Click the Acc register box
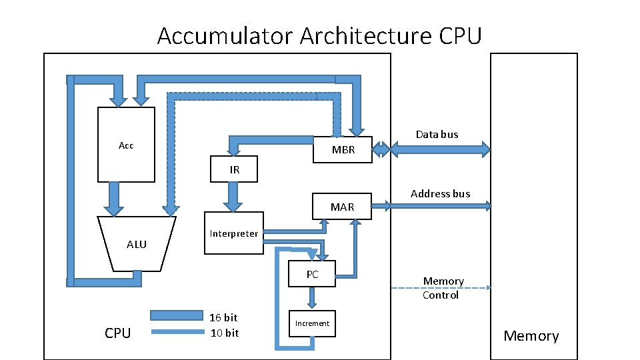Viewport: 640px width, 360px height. point(126,145)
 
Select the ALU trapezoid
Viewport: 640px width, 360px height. point(136,244)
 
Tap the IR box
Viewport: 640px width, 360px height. point(234,169)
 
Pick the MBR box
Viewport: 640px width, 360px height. point(343,150)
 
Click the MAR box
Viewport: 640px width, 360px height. point(342,207)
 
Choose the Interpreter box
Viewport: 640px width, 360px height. point(234,233)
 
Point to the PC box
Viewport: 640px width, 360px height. point(312,274)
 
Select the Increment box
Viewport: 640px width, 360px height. point(312,324)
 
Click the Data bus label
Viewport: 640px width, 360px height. point(437,134)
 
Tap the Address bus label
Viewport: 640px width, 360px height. point(441,193)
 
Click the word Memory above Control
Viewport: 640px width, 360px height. point(443,281)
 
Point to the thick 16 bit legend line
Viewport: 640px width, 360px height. point(177,315)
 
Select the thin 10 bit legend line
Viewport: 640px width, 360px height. point(177,332)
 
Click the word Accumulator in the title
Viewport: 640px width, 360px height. point(225,35)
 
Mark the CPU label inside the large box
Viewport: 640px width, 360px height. point(117,333)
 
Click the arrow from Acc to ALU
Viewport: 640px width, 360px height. point(114,199)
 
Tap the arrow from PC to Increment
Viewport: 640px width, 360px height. point(312,297)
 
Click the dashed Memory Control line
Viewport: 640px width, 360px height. point(441,288)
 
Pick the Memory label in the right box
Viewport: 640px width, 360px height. point(531,336)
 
